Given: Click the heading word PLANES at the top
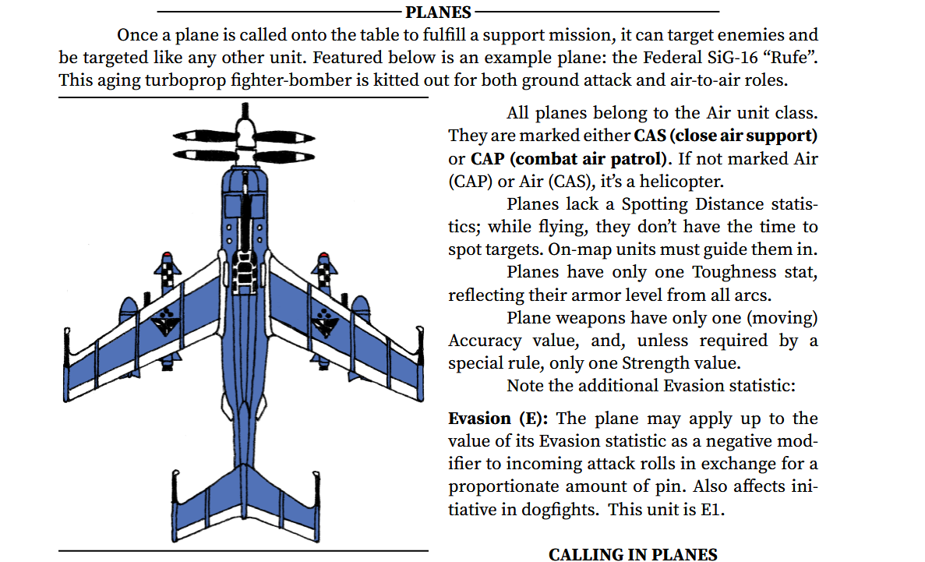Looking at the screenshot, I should (438, 12).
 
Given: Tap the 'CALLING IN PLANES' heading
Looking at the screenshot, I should (633, 554).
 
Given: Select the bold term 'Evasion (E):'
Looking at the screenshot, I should (498, 419).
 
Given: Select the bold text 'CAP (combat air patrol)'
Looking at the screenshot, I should (569, 159).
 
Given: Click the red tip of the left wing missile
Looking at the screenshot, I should (168, 255).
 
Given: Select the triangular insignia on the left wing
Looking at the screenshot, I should (164, 321).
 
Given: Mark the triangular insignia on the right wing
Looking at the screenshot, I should (323, 321).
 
